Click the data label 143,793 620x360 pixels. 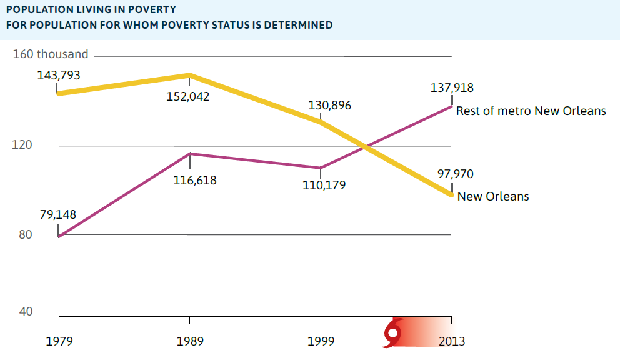click(59, 76)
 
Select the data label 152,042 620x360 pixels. click(188, 97)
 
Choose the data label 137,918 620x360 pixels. click(452, 88)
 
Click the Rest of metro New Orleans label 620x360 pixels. click(531, 111)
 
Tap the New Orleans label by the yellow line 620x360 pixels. click(493, 196)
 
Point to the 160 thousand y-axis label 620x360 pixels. click(51, 54)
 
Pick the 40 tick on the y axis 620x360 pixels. click(24, 311)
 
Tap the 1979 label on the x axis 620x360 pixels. click(59, 341)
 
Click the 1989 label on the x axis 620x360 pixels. click(189, 341)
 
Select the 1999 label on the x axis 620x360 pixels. click(321, 341)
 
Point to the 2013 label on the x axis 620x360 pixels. click(451, 341)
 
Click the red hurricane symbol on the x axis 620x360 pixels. click(392, 333)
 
